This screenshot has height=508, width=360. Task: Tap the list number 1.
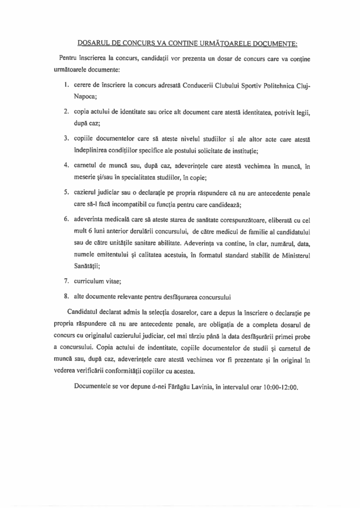click(x=66, y=85)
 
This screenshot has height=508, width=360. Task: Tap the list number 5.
click(x=66, y=192)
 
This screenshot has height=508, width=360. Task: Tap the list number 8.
click(x=66, y=298)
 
